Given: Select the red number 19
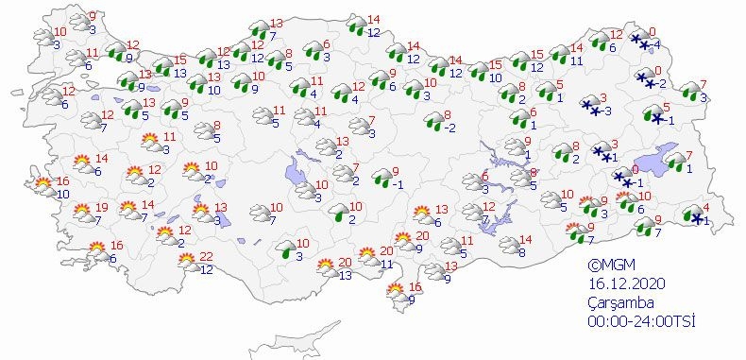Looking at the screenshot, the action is [102, 207].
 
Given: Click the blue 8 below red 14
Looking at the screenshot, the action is [521, 252].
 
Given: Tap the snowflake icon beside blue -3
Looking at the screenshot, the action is [591, 108].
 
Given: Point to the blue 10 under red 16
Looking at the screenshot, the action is [62, 194].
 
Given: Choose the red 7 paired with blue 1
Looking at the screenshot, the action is [688, 155].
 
